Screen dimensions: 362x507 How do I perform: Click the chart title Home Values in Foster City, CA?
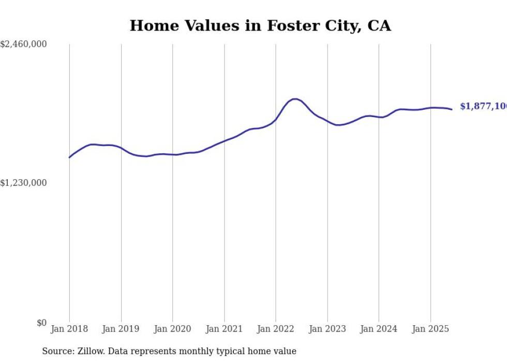pos(260,25)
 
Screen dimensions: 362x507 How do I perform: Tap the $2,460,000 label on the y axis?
pos(24,45)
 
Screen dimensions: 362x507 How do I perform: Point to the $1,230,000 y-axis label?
pos(24,183)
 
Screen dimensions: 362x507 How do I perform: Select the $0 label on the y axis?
pos(41,323)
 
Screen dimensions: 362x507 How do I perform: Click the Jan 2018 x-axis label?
pos(69,329)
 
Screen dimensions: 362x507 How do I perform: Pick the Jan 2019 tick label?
pos(121,329)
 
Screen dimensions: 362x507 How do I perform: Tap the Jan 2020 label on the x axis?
pos(172,329)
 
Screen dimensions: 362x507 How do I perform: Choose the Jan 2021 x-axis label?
pos(224,329)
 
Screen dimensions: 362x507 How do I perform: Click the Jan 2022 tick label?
pos(276,329)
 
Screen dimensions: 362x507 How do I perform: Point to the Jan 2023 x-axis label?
pos(327,329)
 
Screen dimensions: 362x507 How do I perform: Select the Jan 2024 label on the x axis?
pos(379,329)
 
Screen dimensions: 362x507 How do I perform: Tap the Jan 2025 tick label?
pos(430,329)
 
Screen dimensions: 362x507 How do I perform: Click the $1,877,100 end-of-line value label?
pos(483,106)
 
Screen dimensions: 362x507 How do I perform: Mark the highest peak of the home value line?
pos(294,99)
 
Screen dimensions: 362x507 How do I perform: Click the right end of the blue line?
pos(452,109)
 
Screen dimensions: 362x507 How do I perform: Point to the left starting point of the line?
pos(69,157)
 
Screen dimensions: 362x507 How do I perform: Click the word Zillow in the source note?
pos(90,351)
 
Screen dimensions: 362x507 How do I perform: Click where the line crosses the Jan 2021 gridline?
pos(224,141)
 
